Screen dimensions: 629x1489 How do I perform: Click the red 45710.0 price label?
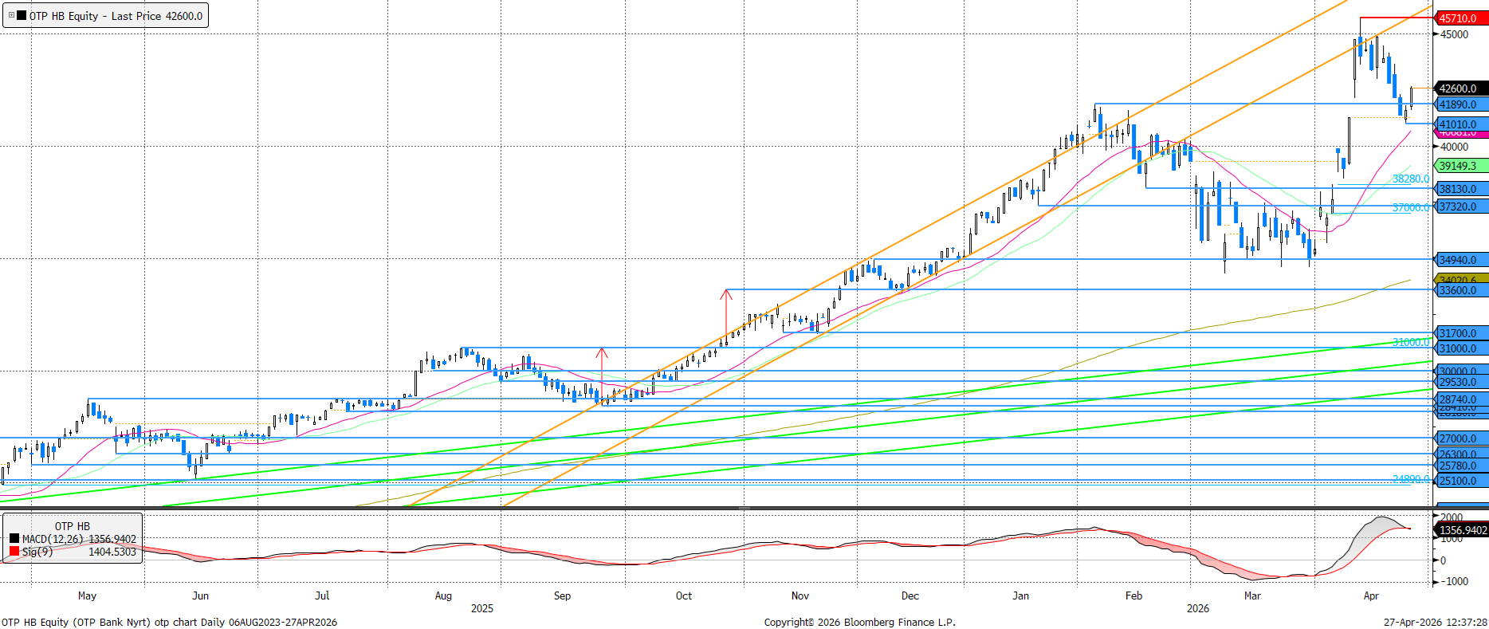(1459, 18)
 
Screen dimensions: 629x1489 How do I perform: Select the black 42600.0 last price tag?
(1459, 88)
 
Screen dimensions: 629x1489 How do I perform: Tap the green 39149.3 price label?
(1459, 166)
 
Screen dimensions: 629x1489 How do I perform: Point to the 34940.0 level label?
(1459, 260)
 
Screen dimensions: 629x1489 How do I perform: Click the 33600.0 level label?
(1459, 291)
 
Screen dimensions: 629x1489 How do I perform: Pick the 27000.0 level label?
(1459, 438)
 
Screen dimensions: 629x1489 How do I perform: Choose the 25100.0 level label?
(1459, 481)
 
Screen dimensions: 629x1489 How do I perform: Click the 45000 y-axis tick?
(1454, 34)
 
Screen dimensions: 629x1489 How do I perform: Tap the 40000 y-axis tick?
(1454, 147)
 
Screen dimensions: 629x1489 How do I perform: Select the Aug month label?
(443, 596)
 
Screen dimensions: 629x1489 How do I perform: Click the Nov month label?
(800, 596)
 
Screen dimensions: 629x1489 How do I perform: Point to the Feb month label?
(1133, 596)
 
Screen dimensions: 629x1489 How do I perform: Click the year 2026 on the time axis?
(1197, 608)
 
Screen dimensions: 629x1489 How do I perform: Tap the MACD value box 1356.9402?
(1463, 530)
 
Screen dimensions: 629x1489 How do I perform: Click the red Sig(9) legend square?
(14, 552)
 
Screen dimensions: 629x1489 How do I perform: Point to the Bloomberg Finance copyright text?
(859, 622)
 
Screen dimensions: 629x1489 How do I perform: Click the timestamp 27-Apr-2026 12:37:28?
(1435, 622)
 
